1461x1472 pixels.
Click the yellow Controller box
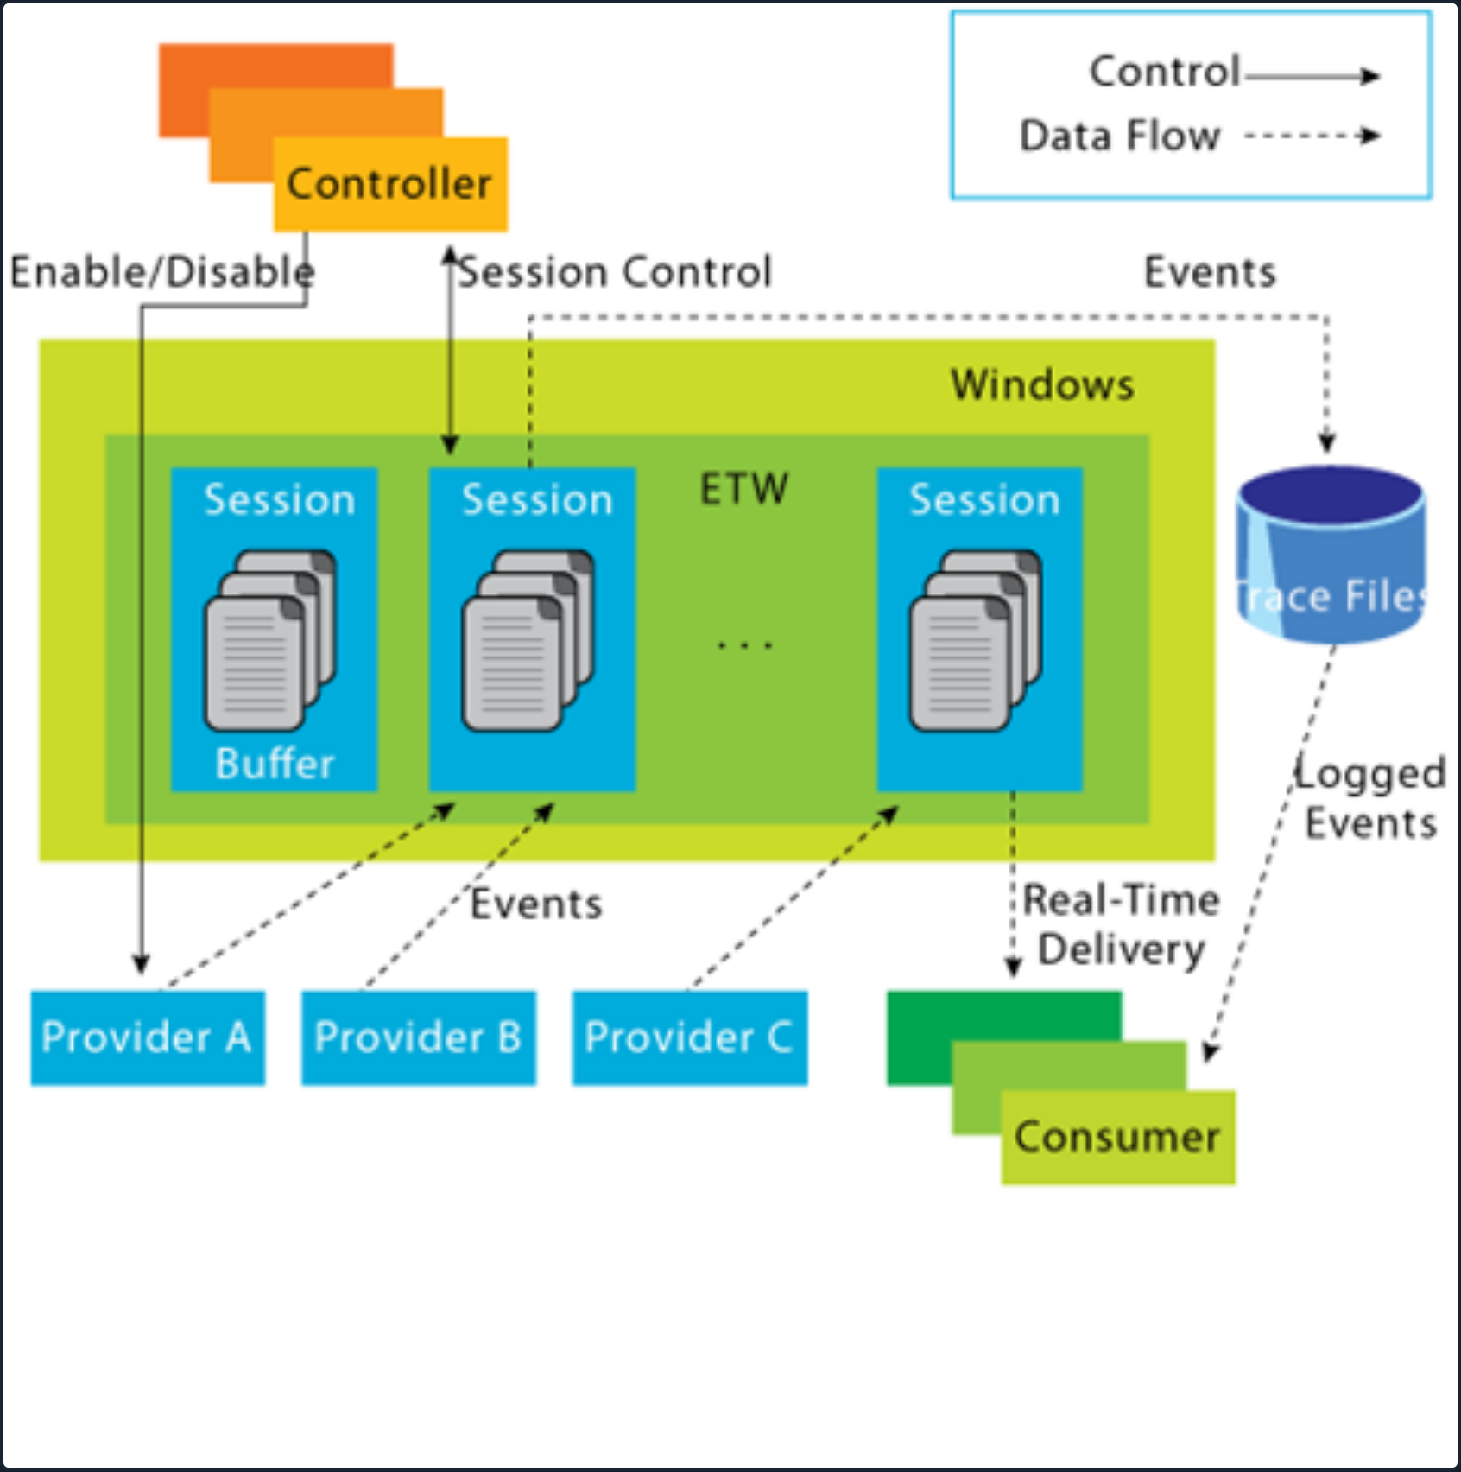click(390, 185)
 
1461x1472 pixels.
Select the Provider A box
click(148, 1037)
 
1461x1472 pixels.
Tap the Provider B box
click(418, 1037)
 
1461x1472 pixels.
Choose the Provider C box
click(689, 1037)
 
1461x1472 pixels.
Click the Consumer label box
click(1117, 1137)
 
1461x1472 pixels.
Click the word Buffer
click(275, 764)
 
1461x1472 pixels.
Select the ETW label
click(743, 490)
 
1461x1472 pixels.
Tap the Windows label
click(1042, 384)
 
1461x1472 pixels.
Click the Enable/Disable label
click(161, 272)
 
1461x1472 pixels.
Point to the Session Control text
click(615, 272)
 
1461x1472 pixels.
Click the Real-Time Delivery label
click(1120, 925)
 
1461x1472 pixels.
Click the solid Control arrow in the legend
click(1312, 76)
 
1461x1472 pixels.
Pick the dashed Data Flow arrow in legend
click(1312, 136)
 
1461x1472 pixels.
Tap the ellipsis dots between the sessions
click(744, 644)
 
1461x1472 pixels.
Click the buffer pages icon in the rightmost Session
click(976, 640)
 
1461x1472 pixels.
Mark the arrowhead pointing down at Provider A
click(141, 963)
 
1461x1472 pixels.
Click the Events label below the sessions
click(536, 904)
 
